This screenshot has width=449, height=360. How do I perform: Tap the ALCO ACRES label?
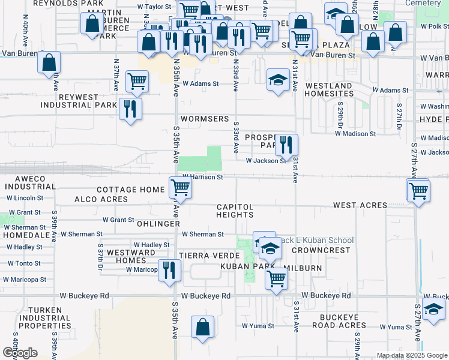point(101,199)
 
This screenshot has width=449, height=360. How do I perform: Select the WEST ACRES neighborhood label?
point(360,205)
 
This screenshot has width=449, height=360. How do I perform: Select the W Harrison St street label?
point(203,177)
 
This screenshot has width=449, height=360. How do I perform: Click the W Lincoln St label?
point(23,197)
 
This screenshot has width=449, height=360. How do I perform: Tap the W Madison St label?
point(355,134)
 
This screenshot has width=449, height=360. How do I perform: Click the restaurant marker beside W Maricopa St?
point(169,269)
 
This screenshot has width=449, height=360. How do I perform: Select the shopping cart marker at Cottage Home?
point(180,187)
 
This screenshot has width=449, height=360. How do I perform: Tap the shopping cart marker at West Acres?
point(418,191)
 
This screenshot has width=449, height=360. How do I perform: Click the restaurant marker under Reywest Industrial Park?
point(130,109)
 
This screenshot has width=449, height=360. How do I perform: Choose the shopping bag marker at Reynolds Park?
point(92,23)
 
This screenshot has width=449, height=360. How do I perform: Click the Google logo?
point(19,353)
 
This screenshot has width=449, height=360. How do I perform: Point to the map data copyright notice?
point(412,355)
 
